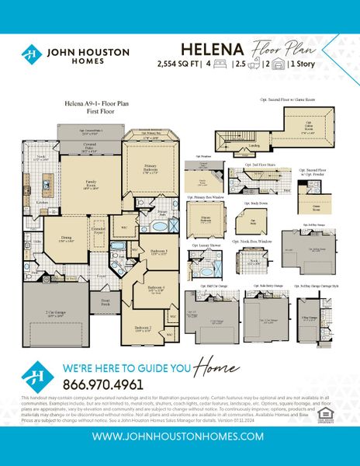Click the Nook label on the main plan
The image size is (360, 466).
click(x=42, y=158)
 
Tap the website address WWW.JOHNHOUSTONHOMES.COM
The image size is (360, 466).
click(x=180, y=436)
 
